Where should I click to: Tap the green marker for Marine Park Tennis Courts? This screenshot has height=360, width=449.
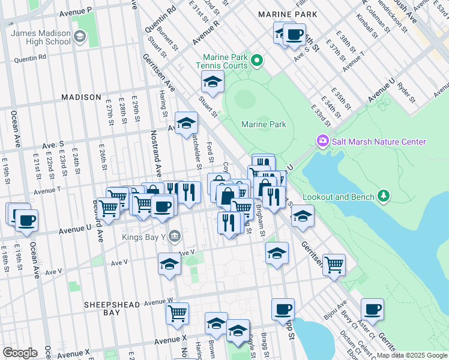tap(258, 59)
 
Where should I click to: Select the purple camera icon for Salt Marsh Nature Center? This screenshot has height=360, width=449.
tap(323, 142)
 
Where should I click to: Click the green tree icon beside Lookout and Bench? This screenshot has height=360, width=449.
tap(382, 196)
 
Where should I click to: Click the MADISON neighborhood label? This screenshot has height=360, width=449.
tap(80, 97)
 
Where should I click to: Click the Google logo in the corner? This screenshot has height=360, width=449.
tap(20, 353)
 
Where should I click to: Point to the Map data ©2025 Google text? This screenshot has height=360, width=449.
tap(412, 355)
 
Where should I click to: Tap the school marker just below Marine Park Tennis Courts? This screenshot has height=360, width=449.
tap(212, 82)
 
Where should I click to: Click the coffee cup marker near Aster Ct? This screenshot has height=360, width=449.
tap(372, 310)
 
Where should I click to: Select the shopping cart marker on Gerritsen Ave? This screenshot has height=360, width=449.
tap(334, 264)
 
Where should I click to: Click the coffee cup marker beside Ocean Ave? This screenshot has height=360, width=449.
tap(26, 220)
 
